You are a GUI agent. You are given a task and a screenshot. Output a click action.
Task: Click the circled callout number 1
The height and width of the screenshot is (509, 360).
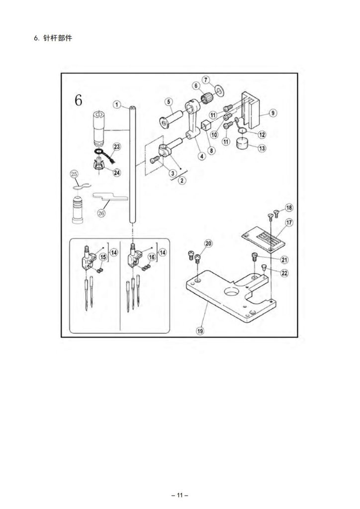[117, 104]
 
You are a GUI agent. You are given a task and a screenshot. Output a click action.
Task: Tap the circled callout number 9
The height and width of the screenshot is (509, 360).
[273, 113]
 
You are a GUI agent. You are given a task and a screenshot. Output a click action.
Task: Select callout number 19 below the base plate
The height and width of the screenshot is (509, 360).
[200, 331]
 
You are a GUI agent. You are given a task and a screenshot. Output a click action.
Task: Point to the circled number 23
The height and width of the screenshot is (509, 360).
[116, 147]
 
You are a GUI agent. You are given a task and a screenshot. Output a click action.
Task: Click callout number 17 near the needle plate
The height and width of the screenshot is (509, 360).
[289, 222]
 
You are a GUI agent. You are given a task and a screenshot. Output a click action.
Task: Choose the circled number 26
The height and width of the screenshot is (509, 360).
[101, 213]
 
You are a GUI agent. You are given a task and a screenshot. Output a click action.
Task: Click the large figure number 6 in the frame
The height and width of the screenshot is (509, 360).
[78, 100]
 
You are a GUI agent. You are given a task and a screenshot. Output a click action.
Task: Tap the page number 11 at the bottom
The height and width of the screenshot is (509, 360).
[180, 496]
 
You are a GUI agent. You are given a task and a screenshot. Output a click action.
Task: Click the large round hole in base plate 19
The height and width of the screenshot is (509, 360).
[232, 293]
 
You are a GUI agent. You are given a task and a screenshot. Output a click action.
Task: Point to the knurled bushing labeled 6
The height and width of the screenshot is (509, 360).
[206, 96]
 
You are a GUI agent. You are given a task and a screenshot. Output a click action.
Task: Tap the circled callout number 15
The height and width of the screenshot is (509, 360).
[103, 257]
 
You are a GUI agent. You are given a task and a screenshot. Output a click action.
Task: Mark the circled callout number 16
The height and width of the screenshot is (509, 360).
[152, 257]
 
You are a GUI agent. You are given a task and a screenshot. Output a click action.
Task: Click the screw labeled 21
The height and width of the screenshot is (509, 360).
[255, 257]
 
